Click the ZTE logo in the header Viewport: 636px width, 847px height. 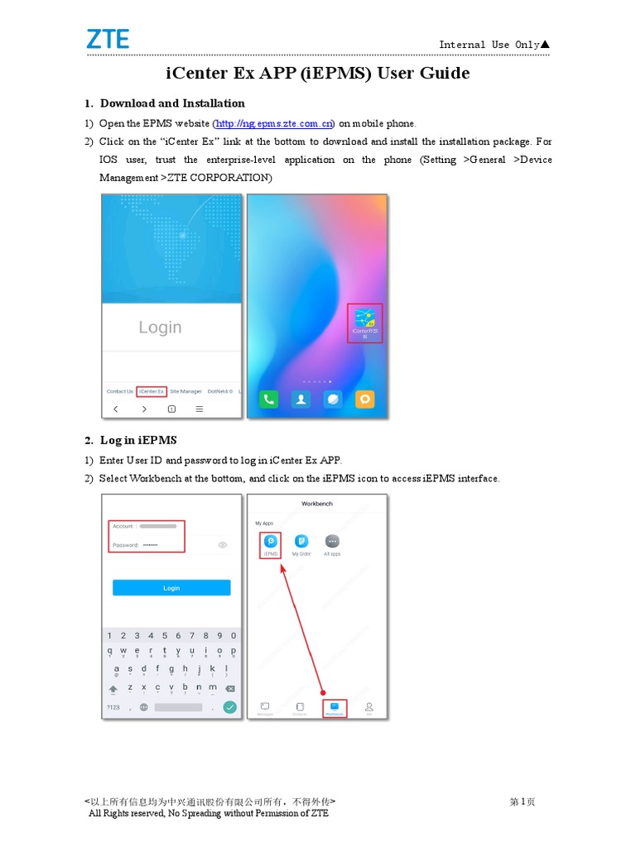point(108,39)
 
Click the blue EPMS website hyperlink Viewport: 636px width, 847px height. point(274,123)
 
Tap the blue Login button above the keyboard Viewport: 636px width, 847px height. point(171,588)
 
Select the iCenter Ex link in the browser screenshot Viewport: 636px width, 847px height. point(152,391)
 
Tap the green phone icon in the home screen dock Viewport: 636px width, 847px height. point(269,399)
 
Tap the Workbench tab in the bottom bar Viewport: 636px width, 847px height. point(334,708)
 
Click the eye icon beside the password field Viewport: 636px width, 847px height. point(222,545)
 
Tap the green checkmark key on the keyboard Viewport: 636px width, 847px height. point(229,707)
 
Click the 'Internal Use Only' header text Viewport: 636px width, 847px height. point(489,45)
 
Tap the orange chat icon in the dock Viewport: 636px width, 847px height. point(364,399)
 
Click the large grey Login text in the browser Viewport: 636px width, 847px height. point(160,328)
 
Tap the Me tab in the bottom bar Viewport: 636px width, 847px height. point(369,708)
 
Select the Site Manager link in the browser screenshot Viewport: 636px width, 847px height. point(185,391)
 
